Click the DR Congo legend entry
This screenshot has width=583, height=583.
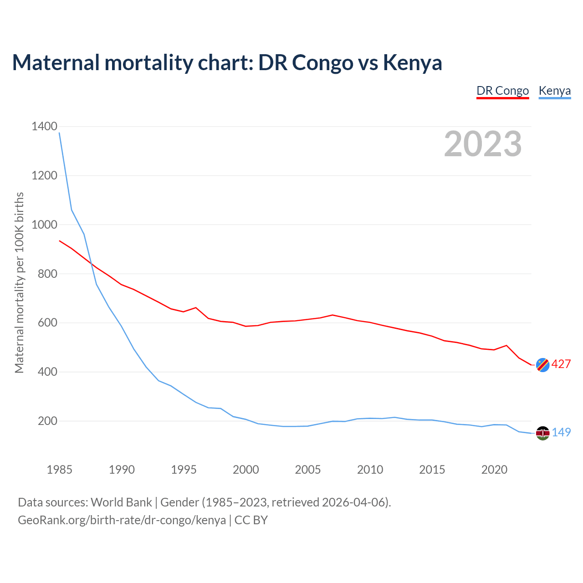pyautogui.click(x=502, y=91)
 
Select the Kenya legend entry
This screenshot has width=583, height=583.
pyautogui.click(x=554, y=91)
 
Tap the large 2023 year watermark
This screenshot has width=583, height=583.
pyautogui.click(x=483, y=144)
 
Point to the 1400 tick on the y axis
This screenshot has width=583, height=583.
pyautogui.click(x=44, y=127)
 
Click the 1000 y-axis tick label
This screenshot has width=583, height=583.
pyautogui.click(x=44, y=225)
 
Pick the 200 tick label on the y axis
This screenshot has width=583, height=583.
pyautogui.click(x=47, y=421)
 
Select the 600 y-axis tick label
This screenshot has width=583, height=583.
pyautogui.click(x=47, y=323)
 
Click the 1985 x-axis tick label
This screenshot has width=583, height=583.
pyautogui.click(x=59, y=470)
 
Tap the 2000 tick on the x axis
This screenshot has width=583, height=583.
pyautogui.click(x=245, y=470)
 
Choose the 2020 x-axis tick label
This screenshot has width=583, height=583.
pyautogui.click(x=494, y=470)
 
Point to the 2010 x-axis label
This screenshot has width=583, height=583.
pyautogui.click(x=370, y=470)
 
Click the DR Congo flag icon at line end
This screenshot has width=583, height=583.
pyautogui.click(x=542, y=365)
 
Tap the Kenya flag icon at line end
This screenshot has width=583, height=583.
pyautogui.click(x=542, y=433)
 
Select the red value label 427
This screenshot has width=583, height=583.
pyautogui.click(x=561, y=364)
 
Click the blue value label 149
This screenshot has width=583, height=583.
pyautogui.click(x=561, y=433)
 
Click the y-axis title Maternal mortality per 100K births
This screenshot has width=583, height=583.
pyautogui.click(x=19, y=282)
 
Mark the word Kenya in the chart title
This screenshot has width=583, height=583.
pyautogui.click(x=412, y=62)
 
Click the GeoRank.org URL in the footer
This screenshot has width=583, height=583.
pyautogui.click(x=122, y=520)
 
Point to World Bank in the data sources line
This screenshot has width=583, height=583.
pyautogui.click(x=121, y=502)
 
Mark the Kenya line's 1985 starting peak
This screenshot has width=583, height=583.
pyautogui.click(x=60, y=133)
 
